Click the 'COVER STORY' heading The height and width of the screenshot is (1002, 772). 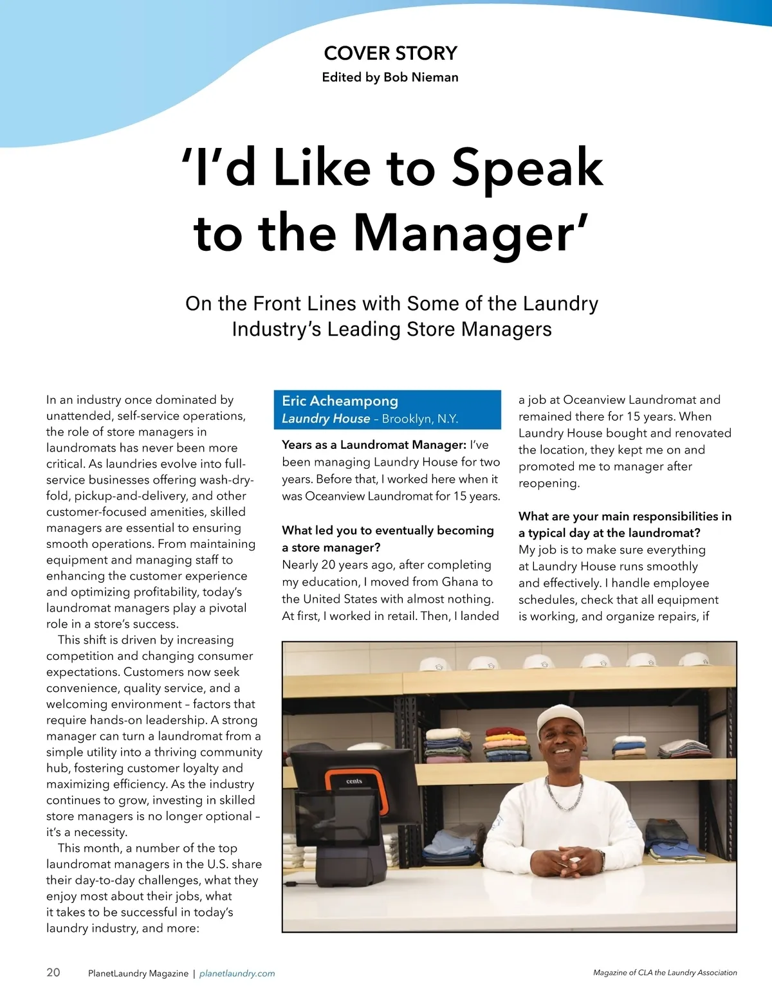coord(391,53)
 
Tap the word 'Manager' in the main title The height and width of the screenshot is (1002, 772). coord(462,233)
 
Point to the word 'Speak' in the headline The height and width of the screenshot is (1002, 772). coord(527,167)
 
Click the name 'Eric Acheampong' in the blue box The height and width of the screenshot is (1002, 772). coord(340,401)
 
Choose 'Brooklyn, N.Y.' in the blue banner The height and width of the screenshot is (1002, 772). coord(420,419)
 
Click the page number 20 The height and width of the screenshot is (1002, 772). coord(53,972)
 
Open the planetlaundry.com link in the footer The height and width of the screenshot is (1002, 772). coord(237,974)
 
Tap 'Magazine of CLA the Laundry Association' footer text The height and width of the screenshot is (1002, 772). coord(665,973)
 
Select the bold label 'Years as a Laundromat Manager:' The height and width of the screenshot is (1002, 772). coord(374,445)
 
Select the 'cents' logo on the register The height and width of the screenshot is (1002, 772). coord(354,781)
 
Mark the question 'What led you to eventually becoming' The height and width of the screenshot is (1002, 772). coord(388,531)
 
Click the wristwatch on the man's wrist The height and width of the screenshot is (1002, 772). coord(602,858)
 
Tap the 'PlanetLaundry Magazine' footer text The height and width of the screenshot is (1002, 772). coord(138,974)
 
